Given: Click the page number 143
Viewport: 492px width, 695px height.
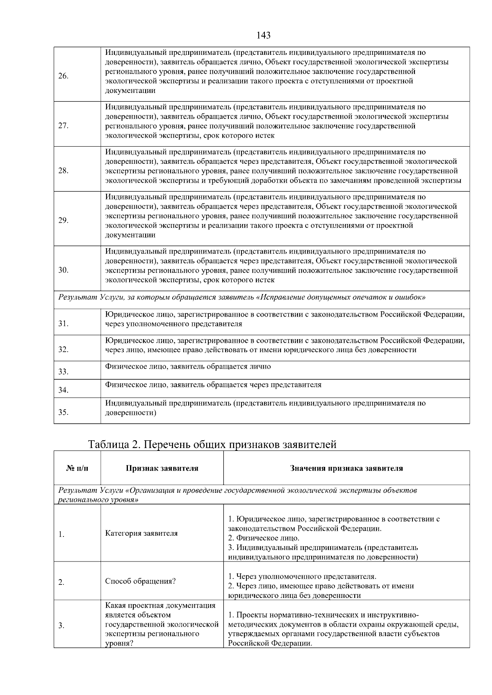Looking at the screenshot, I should [x=264, y=35].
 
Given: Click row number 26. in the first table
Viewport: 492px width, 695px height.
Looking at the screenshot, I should [x=63, y=76].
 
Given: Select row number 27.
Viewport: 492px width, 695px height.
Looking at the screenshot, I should [x=63, y=126].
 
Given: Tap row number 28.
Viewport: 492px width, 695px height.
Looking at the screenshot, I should [x=63, y=171].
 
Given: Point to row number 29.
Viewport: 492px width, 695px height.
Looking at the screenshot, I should [x=63, y=221].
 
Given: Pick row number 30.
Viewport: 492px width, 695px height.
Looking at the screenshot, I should [x=63, y=270].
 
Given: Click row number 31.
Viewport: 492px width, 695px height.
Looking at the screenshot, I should [x=63, y=324].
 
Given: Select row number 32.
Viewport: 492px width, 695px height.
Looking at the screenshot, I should [x=63, y=350].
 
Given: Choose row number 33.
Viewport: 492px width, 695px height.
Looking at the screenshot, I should [x=63, y=372].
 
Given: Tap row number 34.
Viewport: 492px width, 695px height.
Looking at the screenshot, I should [x=63, y=390].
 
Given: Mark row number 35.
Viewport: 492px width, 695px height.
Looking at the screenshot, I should [x=63, y=412].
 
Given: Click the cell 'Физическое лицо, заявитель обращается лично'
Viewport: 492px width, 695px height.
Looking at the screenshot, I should [x=188, y=367].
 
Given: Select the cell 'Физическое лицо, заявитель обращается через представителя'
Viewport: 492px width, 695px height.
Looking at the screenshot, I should [x=213, y=385].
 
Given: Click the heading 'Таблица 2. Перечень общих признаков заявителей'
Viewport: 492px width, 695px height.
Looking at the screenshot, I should [x=212, y=444].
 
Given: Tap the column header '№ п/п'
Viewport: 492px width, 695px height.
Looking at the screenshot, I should [x=77, y=468].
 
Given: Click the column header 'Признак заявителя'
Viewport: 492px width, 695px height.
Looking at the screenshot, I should [x=162, y=468].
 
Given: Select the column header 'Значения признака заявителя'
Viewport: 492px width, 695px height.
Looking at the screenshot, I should [x=346, y=468].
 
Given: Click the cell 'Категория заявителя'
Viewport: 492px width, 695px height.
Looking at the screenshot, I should [x=141, y=533].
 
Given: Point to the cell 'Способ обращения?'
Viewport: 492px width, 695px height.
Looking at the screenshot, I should [x=141, y=581].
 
